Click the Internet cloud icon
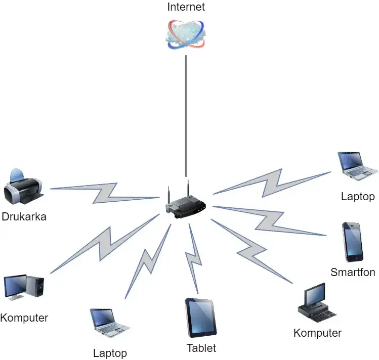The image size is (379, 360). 186,34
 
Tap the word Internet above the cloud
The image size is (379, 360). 186,7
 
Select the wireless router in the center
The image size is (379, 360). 185,202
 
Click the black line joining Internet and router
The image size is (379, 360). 186,116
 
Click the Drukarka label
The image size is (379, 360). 24,217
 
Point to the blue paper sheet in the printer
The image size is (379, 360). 17,174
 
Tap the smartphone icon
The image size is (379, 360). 352,242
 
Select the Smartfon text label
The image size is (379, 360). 353,273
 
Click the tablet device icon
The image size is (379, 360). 201,318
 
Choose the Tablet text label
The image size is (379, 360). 201,348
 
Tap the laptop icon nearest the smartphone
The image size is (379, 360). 357,166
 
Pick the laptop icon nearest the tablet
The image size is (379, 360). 109,323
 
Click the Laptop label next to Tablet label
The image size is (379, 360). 110,353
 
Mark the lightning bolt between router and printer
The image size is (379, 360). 106,192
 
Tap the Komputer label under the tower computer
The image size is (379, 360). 24,318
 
